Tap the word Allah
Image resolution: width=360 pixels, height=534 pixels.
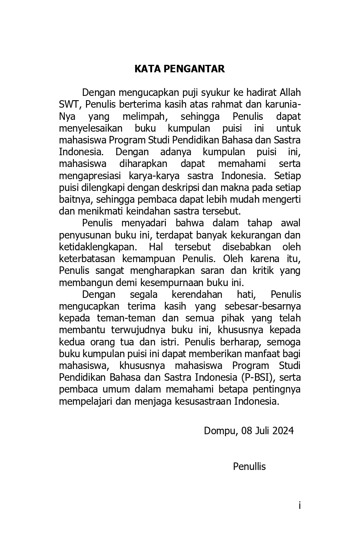[290, 93]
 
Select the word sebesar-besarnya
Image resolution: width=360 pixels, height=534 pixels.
[263, 306]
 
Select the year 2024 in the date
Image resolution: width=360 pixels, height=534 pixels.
[282, 431]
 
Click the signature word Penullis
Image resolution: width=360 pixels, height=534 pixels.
[249, 466]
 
